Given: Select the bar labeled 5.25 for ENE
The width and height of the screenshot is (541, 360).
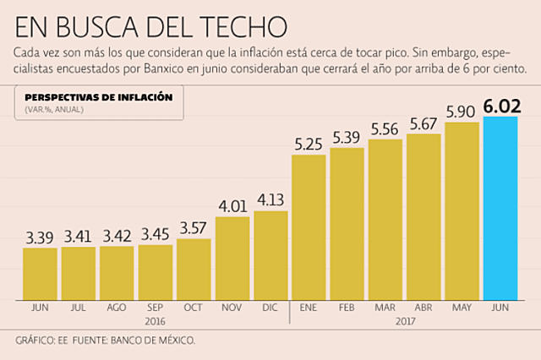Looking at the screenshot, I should point(309,227).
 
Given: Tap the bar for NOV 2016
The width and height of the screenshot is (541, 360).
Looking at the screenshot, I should point(232,258).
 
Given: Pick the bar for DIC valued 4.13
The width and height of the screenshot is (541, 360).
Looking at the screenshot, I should point(270,255).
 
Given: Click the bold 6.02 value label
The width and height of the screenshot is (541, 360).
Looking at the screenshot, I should point(500,106).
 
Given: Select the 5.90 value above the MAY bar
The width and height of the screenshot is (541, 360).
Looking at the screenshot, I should point(462,111).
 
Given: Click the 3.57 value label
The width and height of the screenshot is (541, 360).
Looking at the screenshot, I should point(194,228).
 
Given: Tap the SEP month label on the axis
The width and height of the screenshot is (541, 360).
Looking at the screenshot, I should point(156,309).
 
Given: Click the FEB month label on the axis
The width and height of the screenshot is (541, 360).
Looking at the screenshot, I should point(347,309).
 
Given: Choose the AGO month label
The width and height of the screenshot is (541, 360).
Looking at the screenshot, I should point(117,309).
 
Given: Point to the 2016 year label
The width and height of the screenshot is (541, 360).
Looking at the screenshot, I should point(156,321).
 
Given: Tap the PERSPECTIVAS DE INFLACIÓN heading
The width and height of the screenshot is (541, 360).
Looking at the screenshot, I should point(99,97).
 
